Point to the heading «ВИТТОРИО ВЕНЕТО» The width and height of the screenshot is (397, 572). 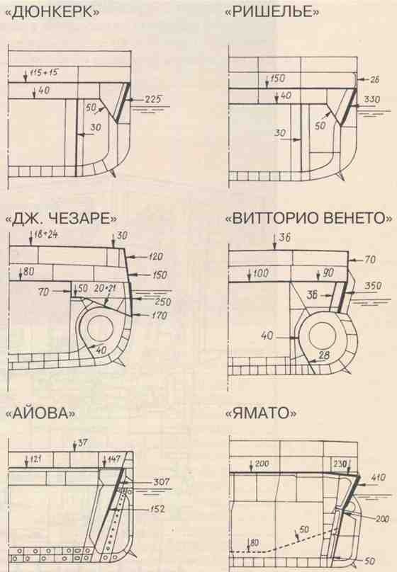[x=308, y=219]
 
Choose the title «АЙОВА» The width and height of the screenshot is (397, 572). [x=40, y=413]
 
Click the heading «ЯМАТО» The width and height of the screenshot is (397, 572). [x=259, y=413]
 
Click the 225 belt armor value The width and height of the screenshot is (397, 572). [x=154, y=99]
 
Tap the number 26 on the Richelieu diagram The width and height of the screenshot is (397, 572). [x=376, y=79]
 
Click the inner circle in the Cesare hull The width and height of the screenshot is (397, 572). [x=96, y=328]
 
